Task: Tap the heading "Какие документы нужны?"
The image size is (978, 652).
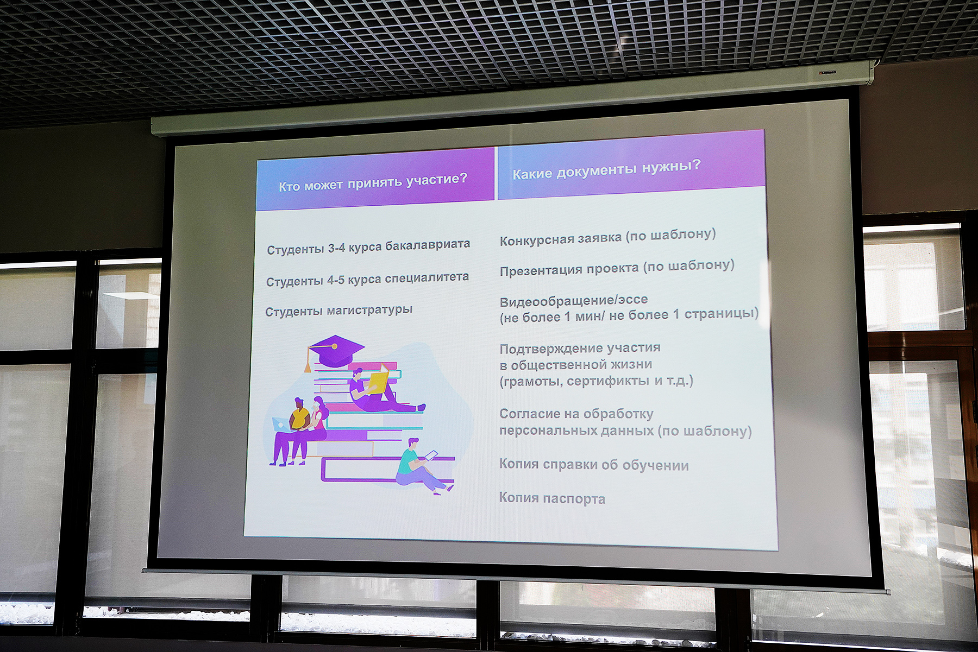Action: [x=607, y=169]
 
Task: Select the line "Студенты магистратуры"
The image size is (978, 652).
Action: [x=339, y=311]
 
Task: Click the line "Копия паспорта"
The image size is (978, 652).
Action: [x=552, y=498]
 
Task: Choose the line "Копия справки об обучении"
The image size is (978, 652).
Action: [x=594, y=465]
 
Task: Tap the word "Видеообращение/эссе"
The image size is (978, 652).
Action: [x=574, y=300]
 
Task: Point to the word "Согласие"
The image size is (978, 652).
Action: [x=529, y=414]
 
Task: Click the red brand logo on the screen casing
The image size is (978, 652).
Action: [x=827, y=72]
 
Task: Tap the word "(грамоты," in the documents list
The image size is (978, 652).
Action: [x=531, y=382]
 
